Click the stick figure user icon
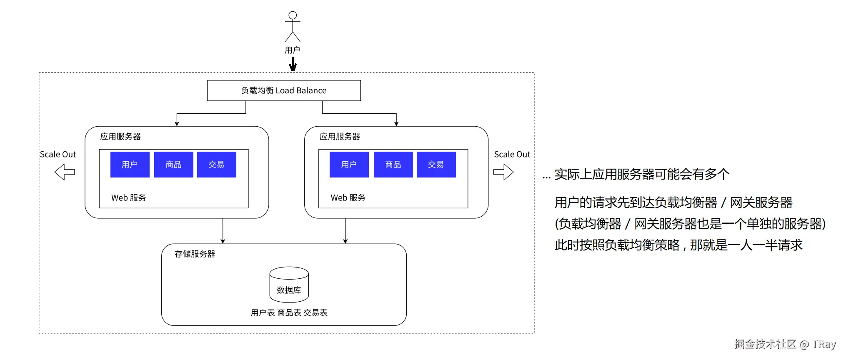click(x=293, y=26)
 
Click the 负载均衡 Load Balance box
click(x=284, y=90)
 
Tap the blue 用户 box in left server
click(x=130, y=165)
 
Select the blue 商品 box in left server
click(x=173, y=165)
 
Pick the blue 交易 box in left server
click(x=216, y=165)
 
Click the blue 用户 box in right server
click(x=349, y=165)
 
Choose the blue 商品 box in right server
click(x=393, y=165)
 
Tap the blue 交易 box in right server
click(x=436, y=165)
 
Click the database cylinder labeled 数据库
click(x=289, y=285)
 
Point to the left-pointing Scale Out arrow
click(x=65, y=172)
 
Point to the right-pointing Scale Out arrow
click(x=503, y=172)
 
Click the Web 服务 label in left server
click(x=128, y=198)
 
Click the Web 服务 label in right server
click(x=348, y=198)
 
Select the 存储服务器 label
click(x=195, y=254)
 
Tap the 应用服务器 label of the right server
click(x=340, y=136)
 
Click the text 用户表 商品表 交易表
click(x=289, y=312)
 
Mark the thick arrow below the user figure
click(x=293, y=64)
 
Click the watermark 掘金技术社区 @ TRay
click(x=785, y=344)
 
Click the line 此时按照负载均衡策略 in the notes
click(x=678, y=245)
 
